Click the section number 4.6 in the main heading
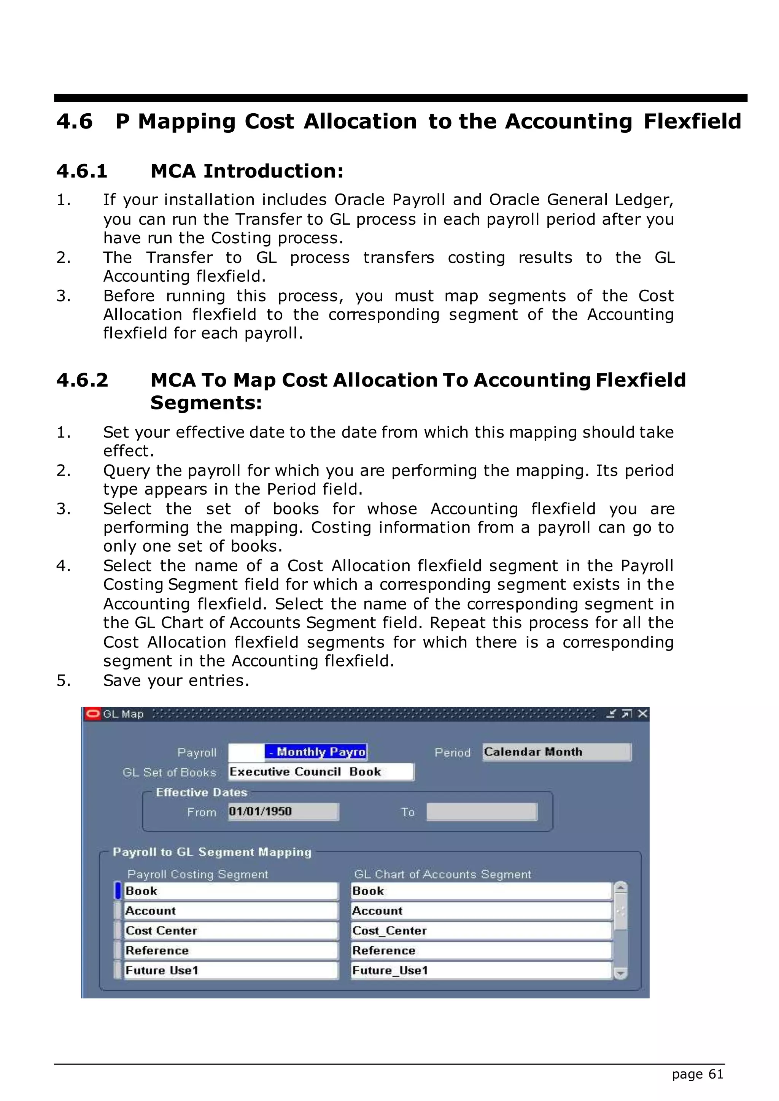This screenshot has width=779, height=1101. click(x=74, y=121)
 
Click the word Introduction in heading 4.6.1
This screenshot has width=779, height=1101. click(x=273, y=171)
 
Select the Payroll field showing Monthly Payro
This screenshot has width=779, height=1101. click(x=297, y=752)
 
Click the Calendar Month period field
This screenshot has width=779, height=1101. click(x=556, y=752)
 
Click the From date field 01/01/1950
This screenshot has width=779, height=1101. click(x=283, y=812)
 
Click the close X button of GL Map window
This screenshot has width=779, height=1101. click(x=643, y=714)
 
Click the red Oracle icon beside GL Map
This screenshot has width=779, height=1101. click(x=92, y=714)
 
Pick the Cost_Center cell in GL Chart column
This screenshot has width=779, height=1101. click(x=481, y=931)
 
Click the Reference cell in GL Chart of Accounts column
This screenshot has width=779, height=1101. click(x=481, y=950)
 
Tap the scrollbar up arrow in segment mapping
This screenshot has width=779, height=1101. click(x=621, y=888)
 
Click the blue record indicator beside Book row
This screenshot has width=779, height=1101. click(x=118, y=891)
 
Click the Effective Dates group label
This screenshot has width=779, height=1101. click(x=202, y=792)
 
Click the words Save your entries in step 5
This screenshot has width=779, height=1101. click(x=176, y=681)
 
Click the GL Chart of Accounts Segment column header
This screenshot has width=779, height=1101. click(x=442, y=874)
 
